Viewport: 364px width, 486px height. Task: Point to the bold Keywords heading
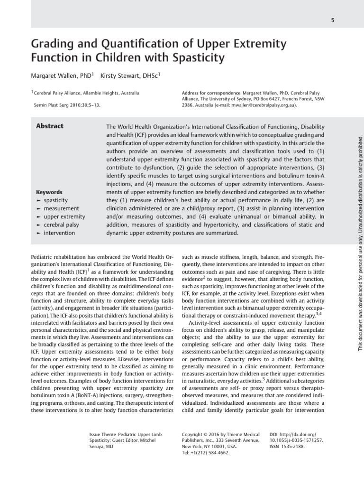point(49,192)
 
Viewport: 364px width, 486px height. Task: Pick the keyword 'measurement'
point(61,208)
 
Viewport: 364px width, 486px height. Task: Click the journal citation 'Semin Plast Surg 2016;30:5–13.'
point(67,105)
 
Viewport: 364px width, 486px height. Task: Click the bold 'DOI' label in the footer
point(273,434)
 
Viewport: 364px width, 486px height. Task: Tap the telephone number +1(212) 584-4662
point(210,453)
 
